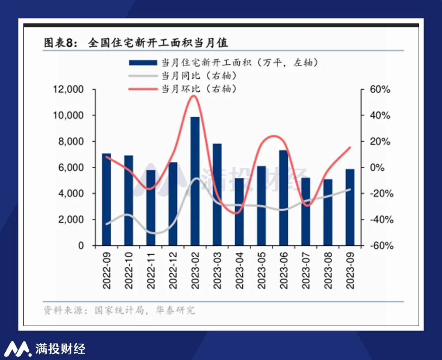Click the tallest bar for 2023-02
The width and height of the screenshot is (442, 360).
pyautogui.click(x=195, y=180)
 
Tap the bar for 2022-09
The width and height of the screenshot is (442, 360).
pyautogui.click(x=106, y=199)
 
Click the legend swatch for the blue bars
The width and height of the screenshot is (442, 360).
pyautogui.click(x=143, y=63)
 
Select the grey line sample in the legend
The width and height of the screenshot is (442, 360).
pyautogui.click(x=143, y=76)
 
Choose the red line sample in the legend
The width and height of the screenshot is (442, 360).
pyautogui.click(x=143, y=89)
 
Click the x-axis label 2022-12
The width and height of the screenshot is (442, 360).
pyautogui.click(x=173, y=271)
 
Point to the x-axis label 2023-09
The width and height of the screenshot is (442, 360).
pyautogui.click(x=350, y=271)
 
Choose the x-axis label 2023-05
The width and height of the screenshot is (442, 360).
pyautogui.click(x=262, y=271)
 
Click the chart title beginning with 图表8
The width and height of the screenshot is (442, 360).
pyautogui.click(x=136, y=43)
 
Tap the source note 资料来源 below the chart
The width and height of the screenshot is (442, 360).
pyautogui.click(x=119, y=310)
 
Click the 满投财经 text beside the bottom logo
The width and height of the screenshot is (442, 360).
pyautogui.click(x=60, y=349)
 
